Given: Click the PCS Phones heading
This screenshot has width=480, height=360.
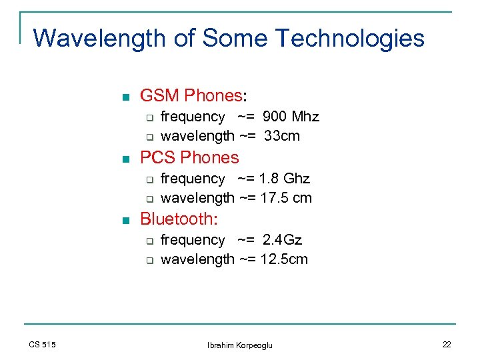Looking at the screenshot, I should click(x=189, y=158).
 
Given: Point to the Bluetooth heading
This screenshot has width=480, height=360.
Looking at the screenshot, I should click(x=180, y=219).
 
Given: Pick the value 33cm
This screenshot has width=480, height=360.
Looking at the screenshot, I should click(x=282, y=136).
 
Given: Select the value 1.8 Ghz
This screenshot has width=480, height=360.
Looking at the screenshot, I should click(x=285, y=179).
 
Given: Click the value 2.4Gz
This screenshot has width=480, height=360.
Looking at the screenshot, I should click(x=283, y=240).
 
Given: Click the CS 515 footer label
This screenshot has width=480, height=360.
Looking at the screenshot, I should click(x=43, y=344).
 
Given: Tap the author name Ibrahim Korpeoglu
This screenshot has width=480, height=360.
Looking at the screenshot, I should click(x=240, y=345).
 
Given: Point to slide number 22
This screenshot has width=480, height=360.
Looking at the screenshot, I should click(x=446, y=344).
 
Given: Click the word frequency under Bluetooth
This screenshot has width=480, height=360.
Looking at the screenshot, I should click(x=193, y=240).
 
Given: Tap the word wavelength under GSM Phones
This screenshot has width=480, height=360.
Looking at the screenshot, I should click(x=197, y=136).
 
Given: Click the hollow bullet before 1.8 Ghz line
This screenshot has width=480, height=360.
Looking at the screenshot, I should click(x=150, y=180).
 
